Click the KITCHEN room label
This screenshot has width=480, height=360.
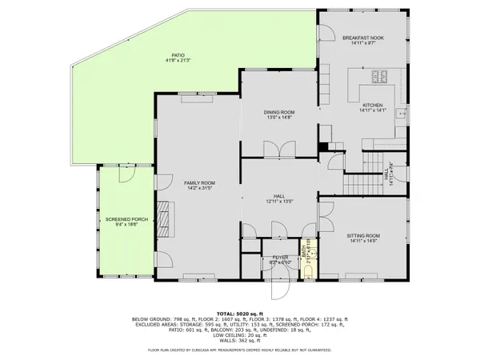pos(374,106)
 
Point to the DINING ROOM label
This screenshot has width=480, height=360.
pos(280,112)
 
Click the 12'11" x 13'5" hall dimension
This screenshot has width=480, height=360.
pos(280,201)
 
